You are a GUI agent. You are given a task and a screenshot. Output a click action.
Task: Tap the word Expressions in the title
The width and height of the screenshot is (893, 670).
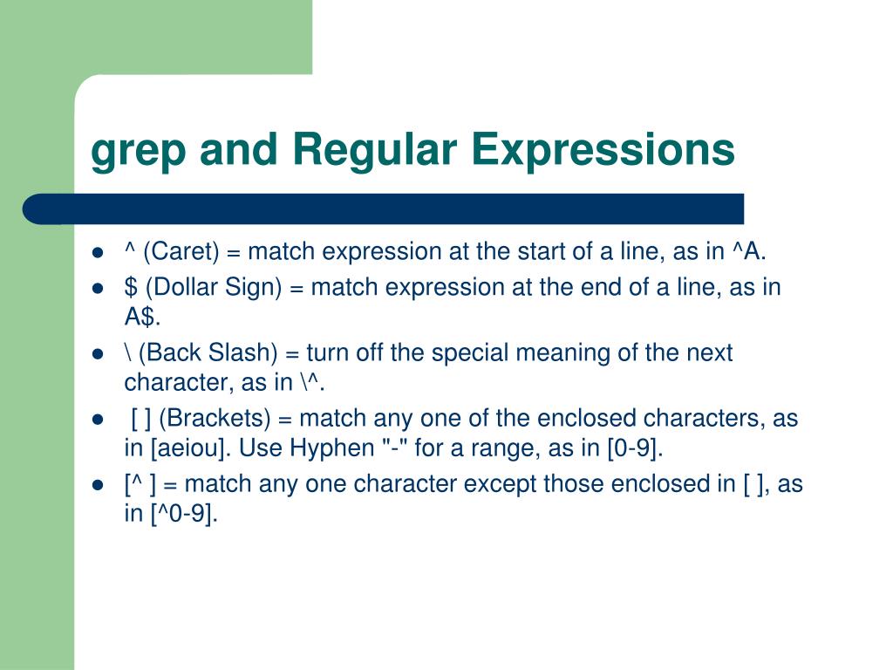(603, 149)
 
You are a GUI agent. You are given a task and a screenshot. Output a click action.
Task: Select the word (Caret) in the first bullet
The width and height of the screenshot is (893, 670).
(181, 252)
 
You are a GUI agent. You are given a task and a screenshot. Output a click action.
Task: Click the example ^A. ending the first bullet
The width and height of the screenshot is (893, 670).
(749, 252)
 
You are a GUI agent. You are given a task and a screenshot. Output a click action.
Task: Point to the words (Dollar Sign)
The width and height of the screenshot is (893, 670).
(207, 287)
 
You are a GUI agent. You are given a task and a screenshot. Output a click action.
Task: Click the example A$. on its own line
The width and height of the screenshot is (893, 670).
(141, 315)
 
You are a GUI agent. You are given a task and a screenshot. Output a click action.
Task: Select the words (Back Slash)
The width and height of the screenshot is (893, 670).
(207, 352)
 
